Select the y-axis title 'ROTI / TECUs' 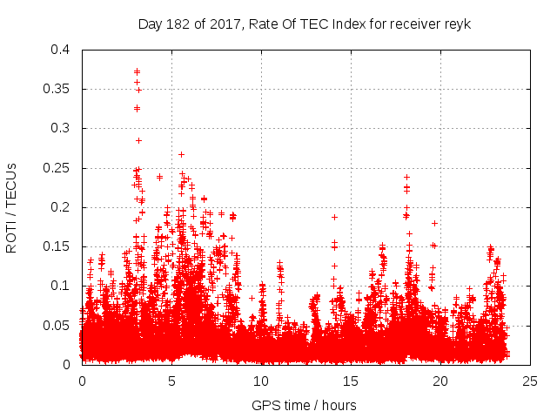11,207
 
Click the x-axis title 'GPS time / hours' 304,405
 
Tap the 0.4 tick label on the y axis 61,50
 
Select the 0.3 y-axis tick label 61,128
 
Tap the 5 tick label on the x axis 171,381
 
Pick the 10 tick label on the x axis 261,381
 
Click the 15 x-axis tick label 351,381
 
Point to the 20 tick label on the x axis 440,381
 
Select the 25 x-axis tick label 530,381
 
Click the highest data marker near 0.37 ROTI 137,71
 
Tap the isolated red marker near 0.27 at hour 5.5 181,154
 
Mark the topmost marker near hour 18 406,177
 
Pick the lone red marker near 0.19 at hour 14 334,216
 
